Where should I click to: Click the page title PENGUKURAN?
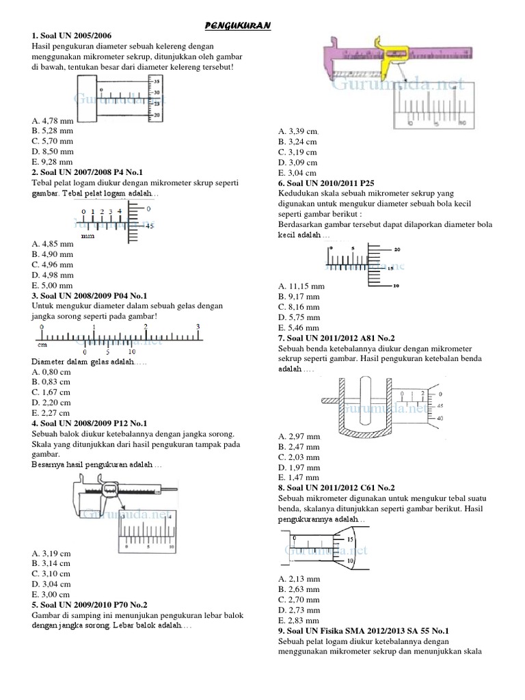pos(239,25)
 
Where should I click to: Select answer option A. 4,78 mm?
pos(52,120)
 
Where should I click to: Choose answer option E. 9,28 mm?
pos(52,161)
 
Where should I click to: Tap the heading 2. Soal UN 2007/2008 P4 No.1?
pos(87,171)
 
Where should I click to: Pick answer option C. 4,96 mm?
pos(52,264)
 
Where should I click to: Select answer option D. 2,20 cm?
pos(51,403)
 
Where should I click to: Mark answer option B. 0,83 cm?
pos(51,382)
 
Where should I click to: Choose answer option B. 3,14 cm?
pos(51,563)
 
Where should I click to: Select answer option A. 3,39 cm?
pos(298,131)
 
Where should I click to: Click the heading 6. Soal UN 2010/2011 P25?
pos(327,183)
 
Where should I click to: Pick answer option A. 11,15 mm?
pos(301,286)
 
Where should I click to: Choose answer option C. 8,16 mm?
pos(299,307)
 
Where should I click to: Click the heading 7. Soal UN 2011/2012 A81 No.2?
pos(336,338)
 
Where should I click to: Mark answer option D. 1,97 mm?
pos(299,467)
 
